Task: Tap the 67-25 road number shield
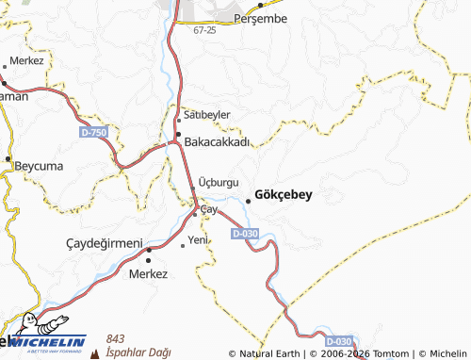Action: [204, 31]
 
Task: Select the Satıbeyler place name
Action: [207, 115]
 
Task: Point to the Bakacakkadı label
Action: [218, 142]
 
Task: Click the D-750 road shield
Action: [93, 135]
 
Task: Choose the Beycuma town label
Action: [38, 166]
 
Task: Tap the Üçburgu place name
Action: [222, 181]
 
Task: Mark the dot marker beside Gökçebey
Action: [249, 200]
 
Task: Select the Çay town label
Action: [209, 209]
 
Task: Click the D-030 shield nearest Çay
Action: [244, 233]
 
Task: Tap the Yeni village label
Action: [198, 240]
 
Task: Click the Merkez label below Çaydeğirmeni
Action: [150, 273]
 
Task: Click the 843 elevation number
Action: [116, 338]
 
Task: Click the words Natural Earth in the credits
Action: [270, 353]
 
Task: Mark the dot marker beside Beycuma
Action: [8, 158]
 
